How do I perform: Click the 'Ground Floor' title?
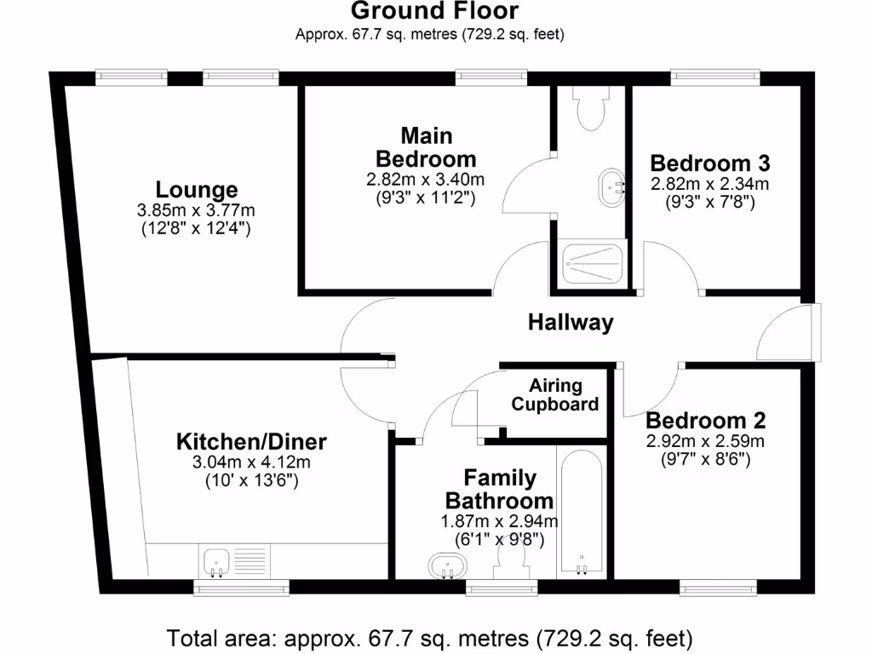pyautogui.click(x=434, y=11)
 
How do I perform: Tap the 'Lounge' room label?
pyautogui.click(x=197, y=189)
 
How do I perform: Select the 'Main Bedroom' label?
pyautogui.click(x=426, y=147)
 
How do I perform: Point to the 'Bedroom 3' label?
pyautogui.click(x=710, y=163)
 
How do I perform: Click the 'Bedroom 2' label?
pyautogui.click(x=705, y=420)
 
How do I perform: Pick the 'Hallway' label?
pyautogui.click(x=571, y=323)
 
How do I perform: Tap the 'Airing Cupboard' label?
pyautogui.click(x=555, y=395)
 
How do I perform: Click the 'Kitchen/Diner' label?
pyautogui.click(x=251, y=442)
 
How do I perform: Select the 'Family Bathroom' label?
pyautogui.click(x=500, y=489)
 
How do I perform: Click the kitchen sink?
pyautogui.click(x=216, y=561)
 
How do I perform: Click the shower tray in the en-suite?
pyautogui.click(x=594, y=265)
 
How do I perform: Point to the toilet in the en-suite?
pyautogui.click(x=588, y=110)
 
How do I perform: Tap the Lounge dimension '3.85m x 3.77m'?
pyautogui.click(x=197, y=210)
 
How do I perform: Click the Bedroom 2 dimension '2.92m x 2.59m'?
pyautogui.click(x=705, y=441)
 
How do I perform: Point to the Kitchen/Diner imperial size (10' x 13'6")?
pyautogui.click(x=251, y=481)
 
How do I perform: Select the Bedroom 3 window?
pyautogui.click(x=715, y=76)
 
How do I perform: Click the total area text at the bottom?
pyautogui.click(x=430, y=637)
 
